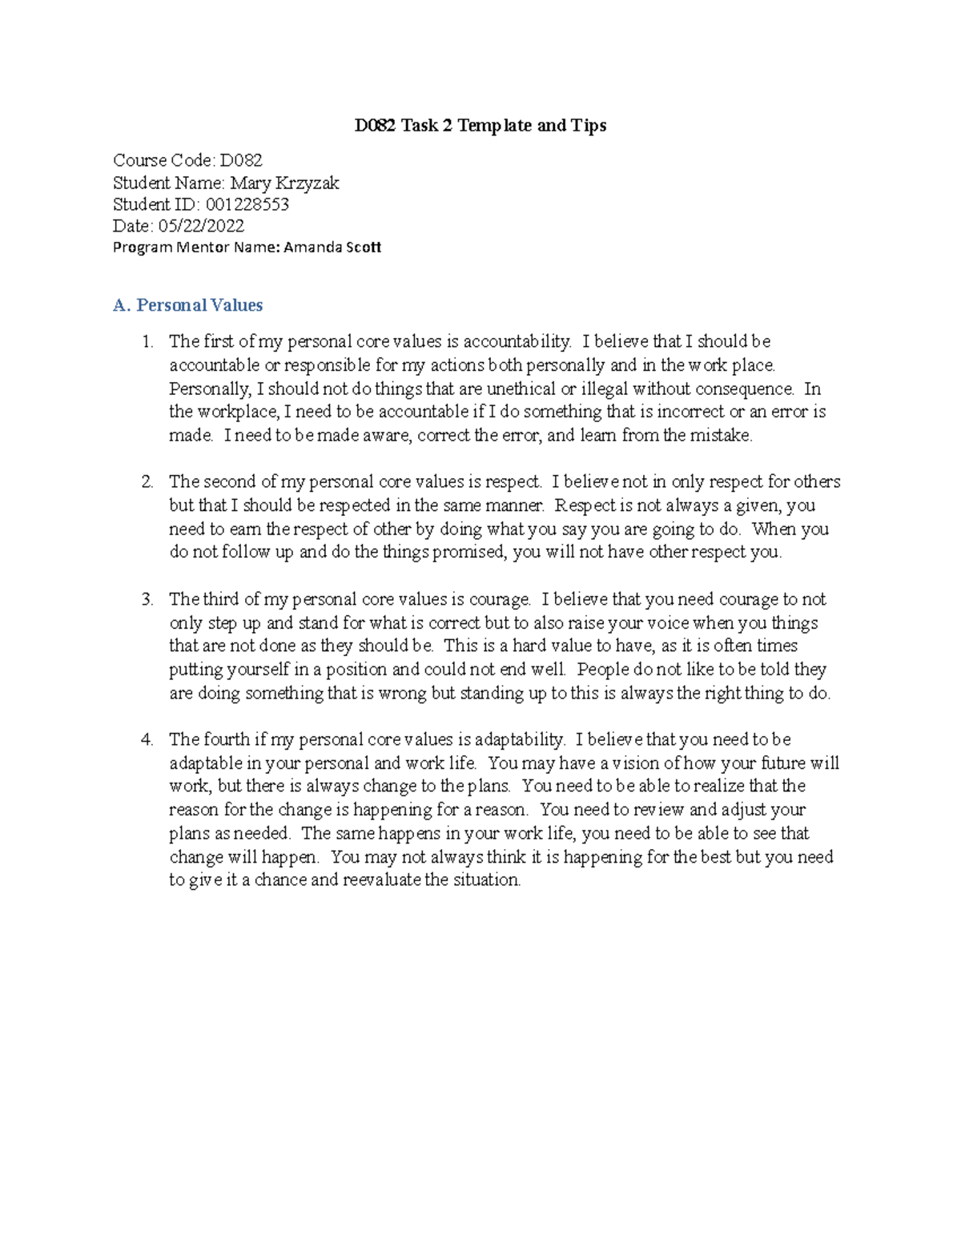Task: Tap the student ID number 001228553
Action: [247, 204]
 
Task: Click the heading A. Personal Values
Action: [188, 305]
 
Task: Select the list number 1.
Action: [147, 342]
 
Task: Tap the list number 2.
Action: [147, 482]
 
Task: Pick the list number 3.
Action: [147, 600]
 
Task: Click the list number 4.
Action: [147, 740]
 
